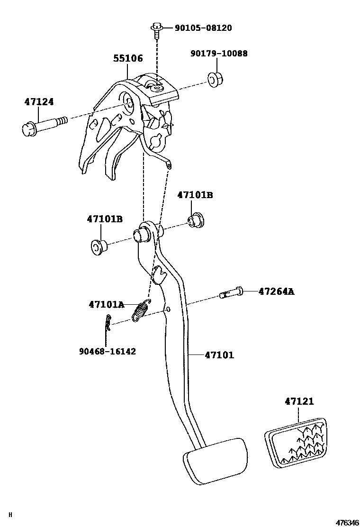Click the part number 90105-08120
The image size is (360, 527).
click(203, 28)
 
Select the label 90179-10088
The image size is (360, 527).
click(219, 54)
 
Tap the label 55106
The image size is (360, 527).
click(128, 59)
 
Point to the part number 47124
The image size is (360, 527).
click(39, 102)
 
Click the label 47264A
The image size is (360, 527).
click(276, 291)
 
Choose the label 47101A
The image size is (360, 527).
click(107, 304)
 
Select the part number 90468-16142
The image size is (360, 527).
click(108, 351)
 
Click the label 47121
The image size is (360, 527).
click(299, 401)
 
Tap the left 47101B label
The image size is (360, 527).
click(105, 219)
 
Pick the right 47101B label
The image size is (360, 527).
click(195, 195)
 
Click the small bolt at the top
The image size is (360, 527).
click(156, 29)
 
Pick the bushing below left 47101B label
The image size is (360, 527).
click(98, 246)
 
